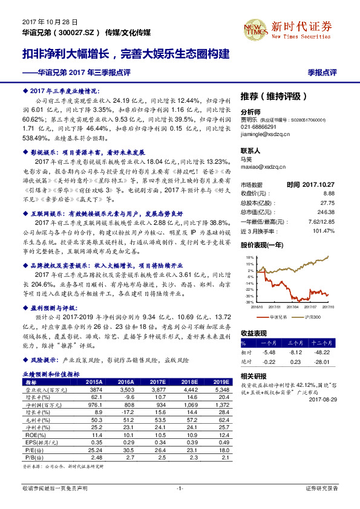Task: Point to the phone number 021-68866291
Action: pyautogui.click(x=258, y=128)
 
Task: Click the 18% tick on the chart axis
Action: pyautogui.click(x=249, y=257)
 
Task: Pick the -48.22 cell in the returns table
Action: pyautogui.click(x=322, y=352)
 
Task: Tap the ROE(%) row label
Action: pyautogui.click(x=33, y=434)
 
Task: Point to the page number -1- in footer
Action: pyautogui.click(x=180, y=488)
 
